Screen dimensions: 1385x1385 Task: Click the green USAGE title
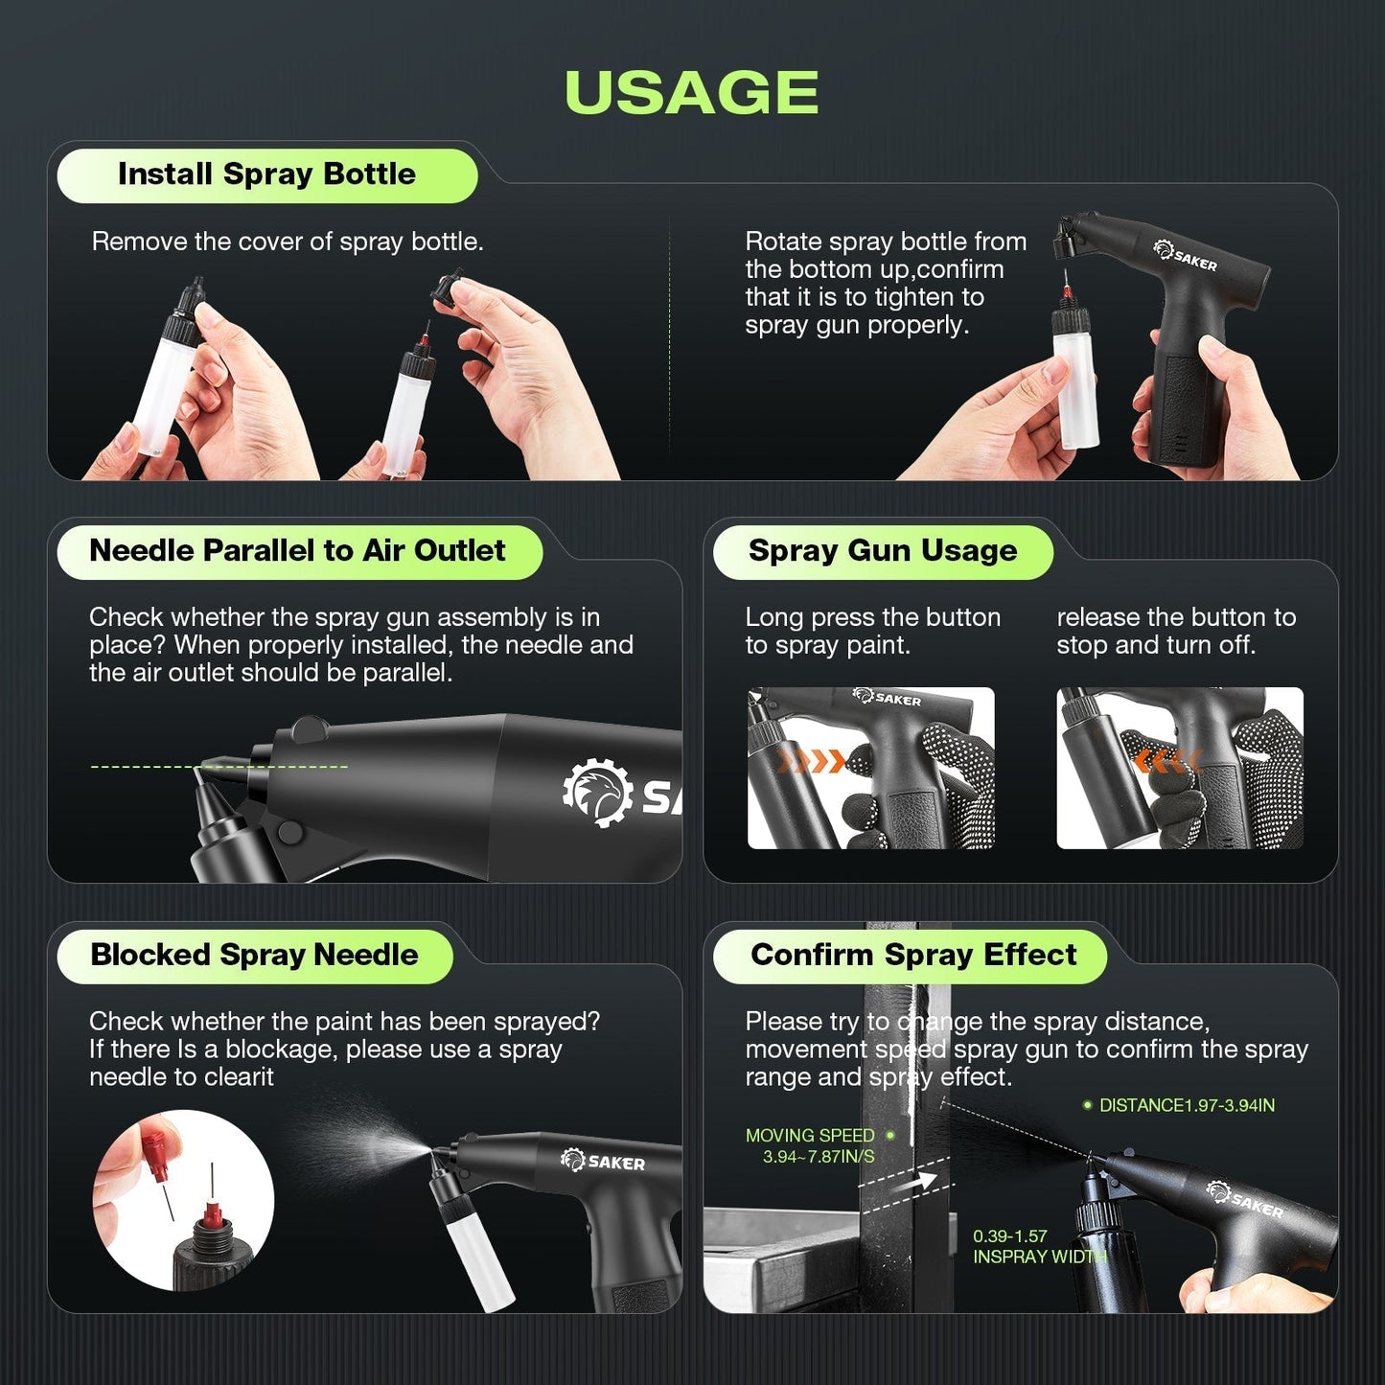click(x=691, y=93)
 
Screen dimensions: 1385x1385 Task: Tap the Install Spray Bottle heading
click(x=266, y=174)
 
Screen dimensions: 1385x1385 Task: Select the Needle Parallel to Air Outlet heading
click(x=297, y=551)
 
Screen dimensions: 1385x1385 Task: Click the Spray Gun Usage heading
click(x=882, y=551)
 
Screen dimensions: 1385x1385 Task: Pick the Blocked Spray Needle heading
click(x=254, y=956)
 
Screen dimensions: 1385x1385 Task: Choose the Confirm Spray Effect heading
click(x=912, y=956)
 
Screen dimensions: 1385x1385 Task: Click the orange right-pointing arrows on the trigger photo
click(x=811, y=762)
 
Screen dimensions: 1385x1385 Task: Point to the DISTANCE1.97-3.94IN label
click(x=1186, y=1105)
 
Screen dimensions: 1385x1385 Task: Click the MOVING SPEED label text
click(x=810, y=1136)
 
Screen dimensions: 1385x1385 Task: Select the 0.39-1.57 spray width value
click(x=1009, y=1236)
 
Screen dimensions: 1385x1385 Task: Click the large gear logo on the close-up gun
click(x=597, y=793)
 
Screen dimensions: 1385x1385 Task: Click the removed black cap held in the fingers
click(x=447, y=289)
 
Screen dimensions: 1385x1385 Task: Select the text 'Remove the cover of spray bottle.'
click(x=288, y=242)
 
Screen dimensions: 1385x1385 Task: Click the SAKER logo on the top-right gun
click(x=1186, y=256)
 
